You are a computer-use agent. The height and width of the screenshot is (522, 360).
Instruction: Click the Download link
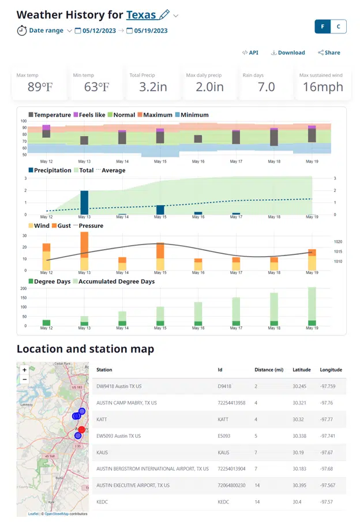point(288,52)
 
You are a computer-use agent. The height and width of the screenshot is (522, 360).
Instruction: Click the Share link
point(329,52)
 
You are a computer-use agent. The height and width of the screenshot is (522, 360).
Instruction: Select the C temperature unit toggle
point(339,26)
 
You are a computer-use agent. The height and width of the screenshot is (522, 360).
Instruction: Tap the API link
point(250,52)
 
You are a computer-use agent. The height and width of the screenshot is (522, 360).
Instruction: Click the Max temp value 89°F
point(40,87)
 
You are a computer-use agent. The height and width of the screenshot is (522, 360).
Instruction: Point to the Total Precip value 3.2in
point(153,87)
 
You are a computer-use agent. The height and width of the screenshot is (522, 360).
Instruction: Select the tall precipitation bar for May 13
point(84,202)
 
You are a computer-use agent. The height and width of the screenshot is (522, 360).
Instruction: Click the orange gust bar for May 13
point(84,245)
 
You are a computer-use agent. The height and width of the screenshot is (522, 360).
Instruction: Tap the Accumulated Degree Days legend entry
point(124,281)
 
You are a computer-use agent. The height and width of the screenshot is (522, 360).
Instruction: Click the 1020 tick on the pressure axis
point(337,242)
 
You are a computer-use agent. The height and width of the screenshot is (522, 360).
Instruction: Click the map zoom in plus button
point(24,370)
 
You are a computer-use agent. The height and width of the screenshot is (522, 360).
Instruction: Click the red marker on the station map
point(81,430)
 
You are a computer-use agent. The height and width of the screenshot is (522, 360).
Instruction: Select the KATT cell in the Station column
point(102,419)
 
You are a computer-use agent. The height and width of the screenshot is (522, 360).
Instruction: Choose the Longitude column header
point(331,370)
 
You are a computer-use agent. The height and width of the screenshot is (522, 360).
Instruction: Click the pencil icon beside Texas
point(164,14)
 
